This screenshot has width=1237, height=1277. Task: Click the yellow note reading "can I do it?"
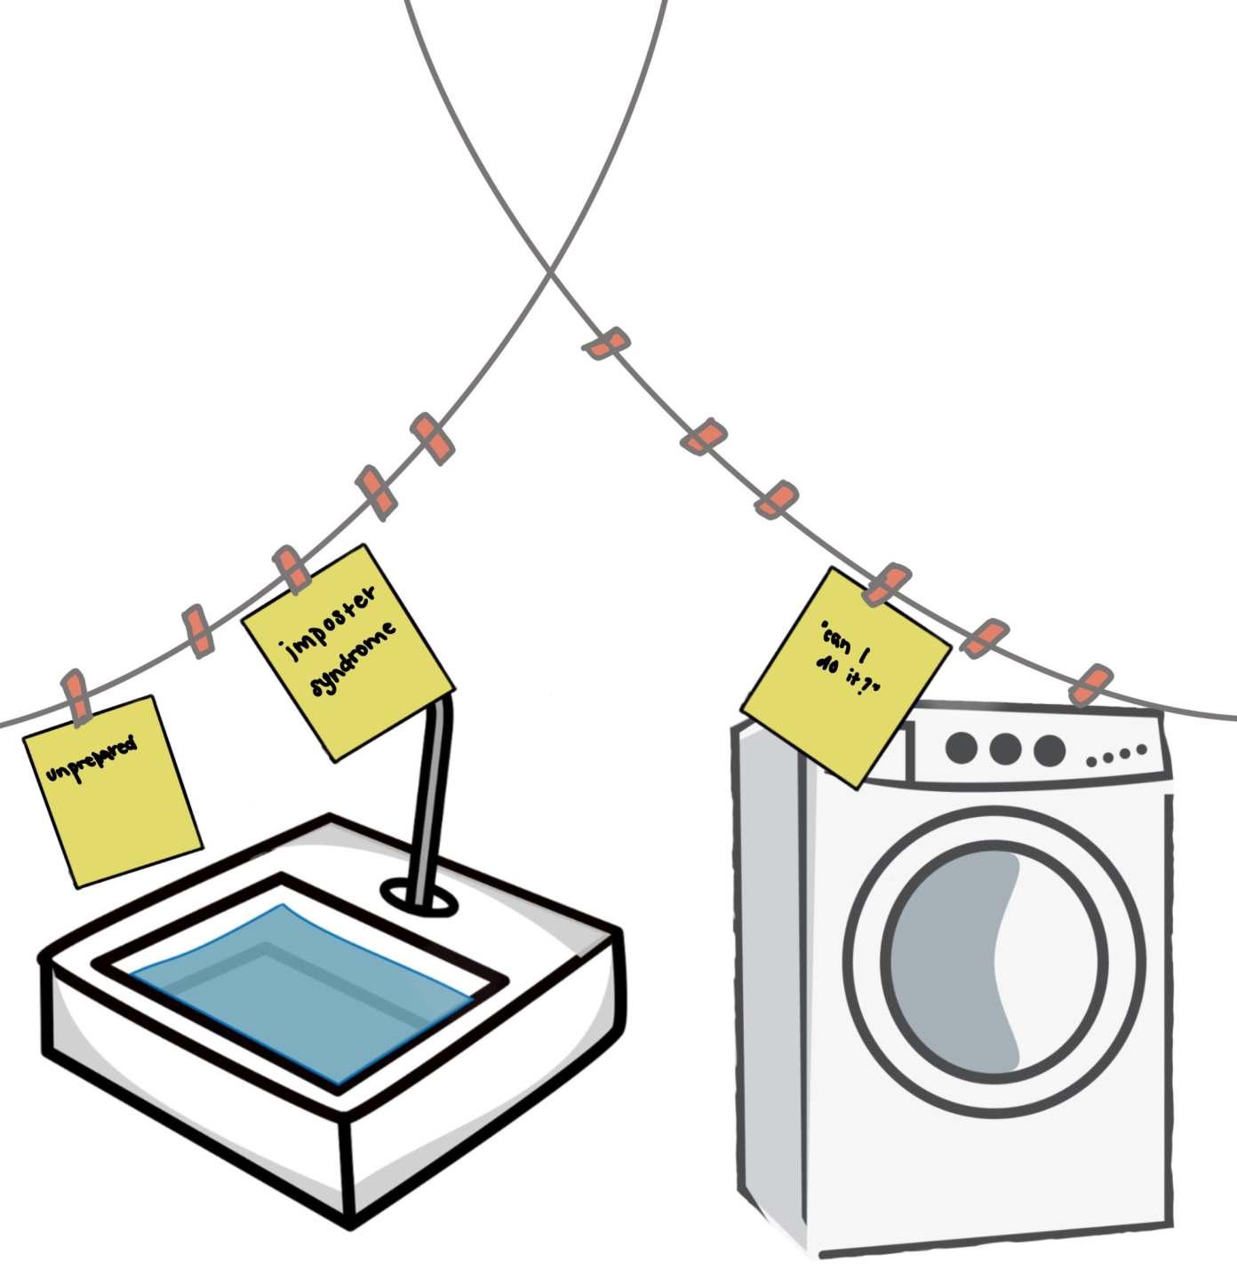[846, 678]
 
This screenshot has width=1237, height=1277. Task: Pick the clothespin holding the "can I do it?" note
[886, 584]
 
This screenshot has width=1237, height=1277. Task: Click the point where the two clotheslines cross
[551, 274]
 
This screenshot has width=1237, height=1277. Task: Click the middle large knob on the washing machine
[1004, 749]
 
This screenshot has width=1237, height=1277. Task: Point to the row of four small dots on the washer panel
[1117, 757]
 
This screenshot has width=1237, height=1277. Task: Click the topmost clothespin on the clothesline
[606, 344]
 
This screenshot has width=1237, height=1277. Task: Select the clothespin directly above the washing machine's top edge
[1089, 684]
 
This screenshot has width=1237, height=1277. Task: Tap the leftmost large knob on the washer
[962, 748]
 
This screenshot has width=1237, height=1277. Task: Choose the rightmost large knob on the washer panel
[1049, 750]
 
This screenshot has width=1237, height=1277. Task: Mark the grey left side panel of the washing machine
[770, 977]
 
